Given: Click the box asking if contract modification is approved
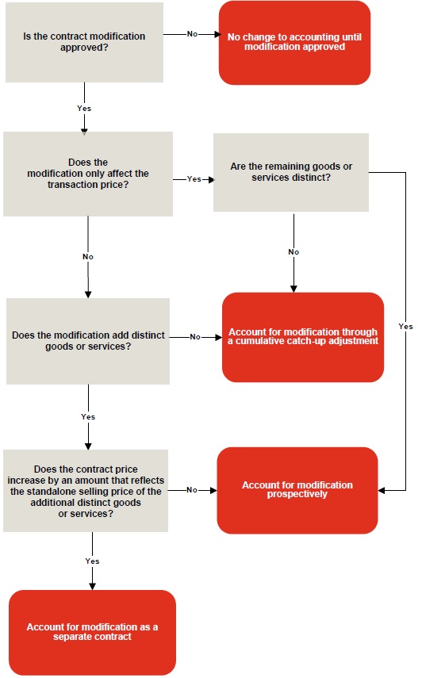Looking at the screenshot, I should tap(84, 42).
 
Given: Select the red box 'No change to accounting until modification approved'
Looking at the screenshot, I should tap(294, 42).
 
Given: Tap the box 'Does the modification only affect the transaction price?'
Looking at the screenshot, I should tap(88, 174).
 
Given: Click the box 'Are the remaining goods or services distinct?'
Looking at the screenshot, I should tap(291, 172).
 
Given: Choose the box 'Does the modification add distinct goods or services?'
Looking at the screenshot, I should tap(88, 341).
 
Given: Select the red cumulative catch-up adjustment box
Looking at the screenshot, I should tap(303, 337).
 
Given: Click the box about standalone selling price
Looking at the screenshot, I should tap(86, 491).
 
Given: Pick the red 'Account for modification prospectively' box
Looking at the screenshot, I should tap(297, 490).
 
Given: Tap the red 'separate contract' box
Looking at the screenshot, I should tap(92, 632).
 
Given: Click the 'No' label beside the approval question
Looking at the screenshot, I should tap(192, 35).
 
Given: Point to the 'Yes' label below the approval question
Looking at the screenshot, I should tap(83, 107).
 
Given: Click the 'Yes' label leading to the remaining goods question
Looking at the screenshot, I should tap(194, 179).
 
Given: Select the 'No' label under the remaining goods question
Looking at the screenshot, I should tap(293, 252).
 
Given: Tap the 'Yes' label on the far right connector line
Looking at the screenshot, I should tap(405, 327).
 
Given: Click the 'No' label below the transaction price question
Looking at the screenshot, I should tap(88, 257).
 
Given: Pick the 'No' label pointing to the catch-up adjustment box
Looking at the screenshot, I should tap(195, 337).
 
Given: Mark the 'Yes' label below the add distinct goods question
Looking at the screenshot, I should tap(88, 416).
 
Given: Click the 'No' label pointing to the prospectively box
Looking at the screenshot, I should tap(191, 490).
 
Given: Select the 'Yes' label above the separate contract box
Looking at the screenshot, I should tap(92, 561).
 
